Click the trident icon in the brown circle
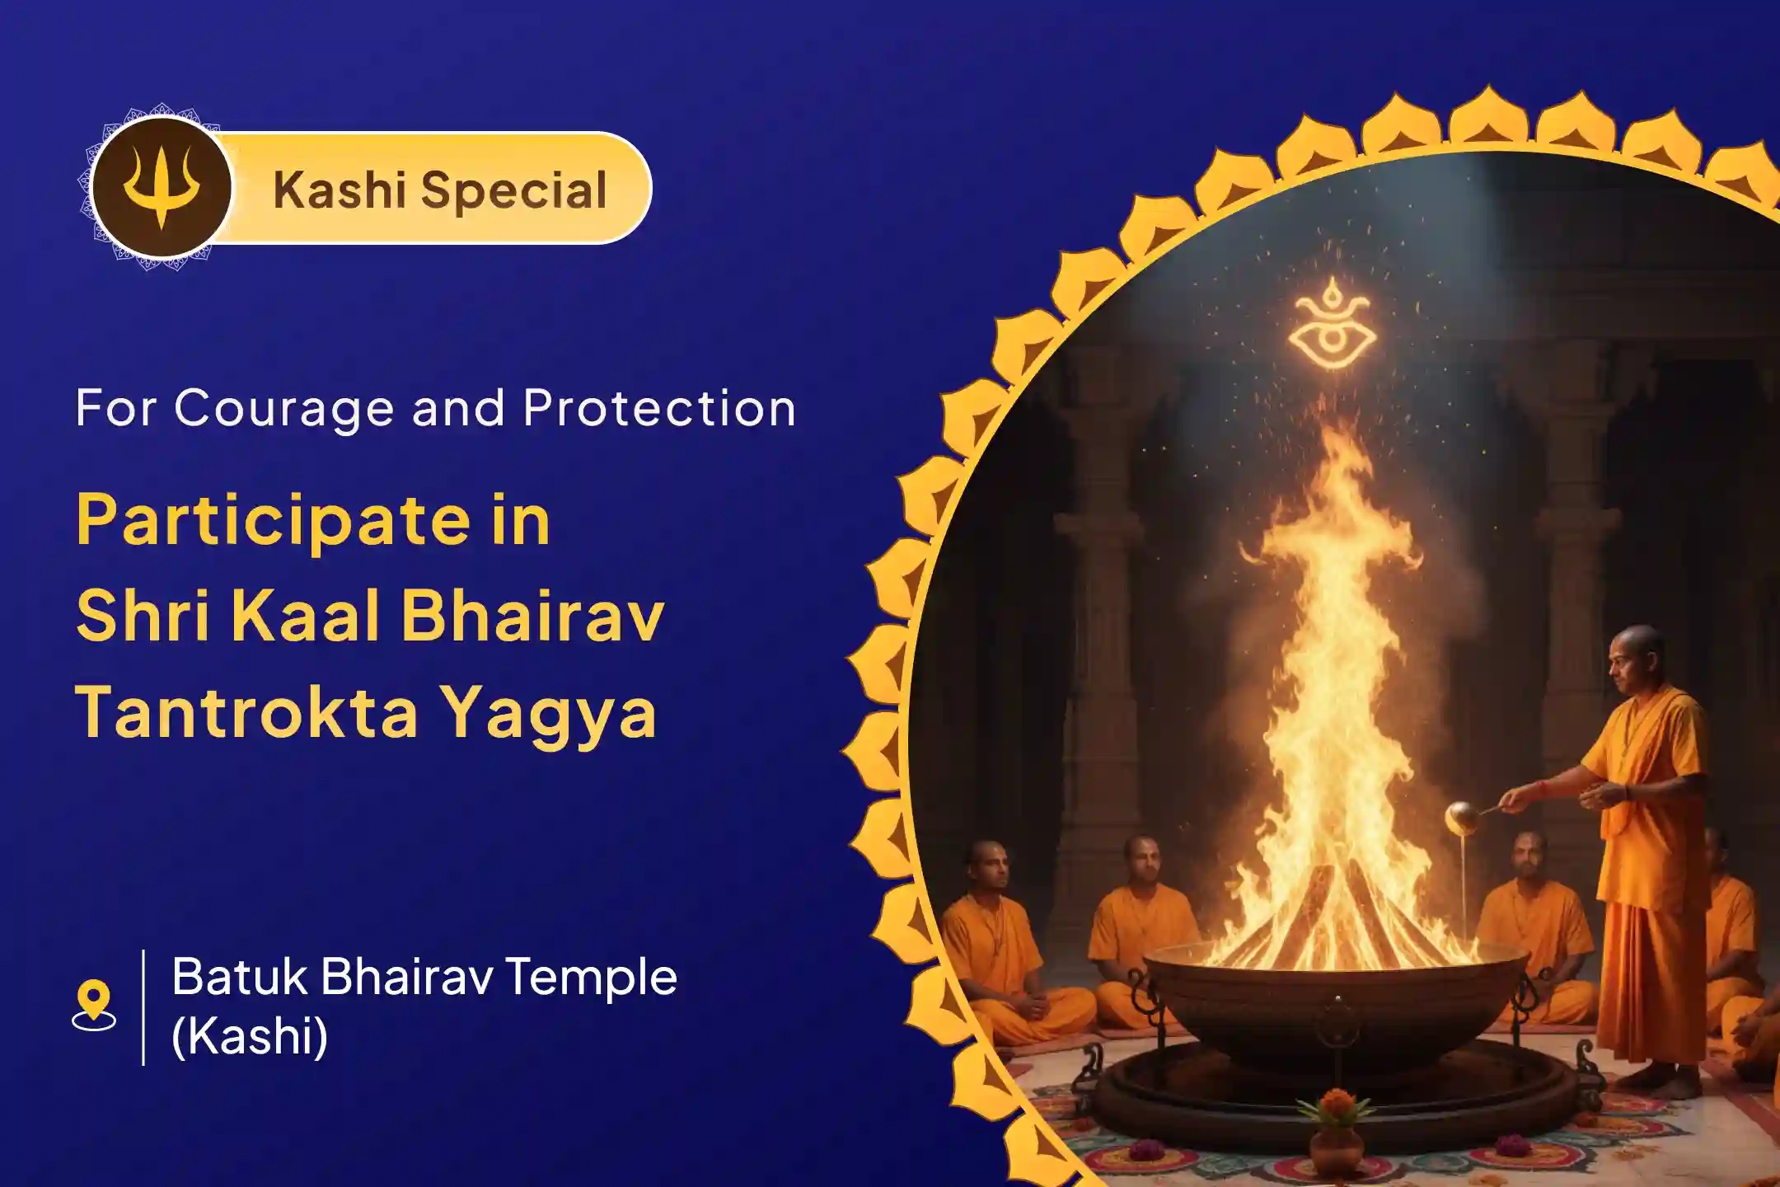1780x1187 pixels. point(162,188)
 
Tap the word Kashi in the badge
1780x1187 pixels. point(338,190)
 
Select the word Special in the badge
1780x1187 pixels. point(514,190)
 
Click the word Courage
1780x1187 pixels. point(284,408)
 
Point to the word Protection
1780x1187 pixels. point(659,408)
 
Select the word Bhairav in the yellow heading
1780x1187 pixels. point(532,617)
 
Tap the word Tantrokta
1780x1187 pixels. point(247,711)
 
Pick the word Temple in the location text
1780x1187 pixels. point(590,978)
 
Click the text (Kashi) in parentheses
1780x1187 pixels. point(250,1036)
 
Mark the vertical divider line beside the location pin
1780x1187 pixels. point(144,1007)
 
